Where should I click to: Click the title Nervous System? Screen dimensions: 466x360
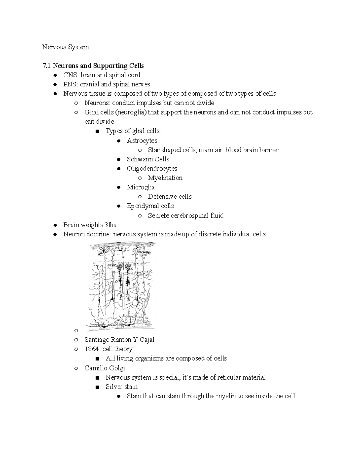pos(65,47)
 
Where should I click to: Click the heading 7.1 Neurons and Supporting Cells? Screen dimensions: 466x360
pos(93,66)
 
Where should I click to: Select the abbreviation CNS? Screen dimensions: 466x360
pos(69,75)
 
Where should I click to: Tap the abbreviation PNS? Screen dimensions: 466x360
pos(69,84)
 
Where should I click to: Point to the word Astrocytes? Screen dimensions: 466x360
pos(142,140)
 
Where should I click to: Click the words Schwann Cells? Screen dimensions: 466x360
pos(148,159)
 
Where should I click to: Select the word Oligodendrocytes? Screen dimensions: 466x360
pos(152,169)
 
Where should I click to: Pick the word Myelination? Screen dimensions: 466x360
pos(165,178)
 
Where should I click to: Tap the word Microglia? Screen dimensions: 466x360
pos(141,187)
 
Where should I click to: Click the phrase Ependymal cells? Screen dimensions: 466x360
pos(150,206)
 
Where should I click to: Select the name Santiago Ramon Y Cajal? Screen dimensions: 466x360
pos(119,340)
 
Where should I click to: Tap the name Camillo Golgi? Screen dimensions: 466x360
pos(105,368)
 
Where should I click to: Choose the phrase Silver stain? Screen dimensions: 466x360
pos(121,386)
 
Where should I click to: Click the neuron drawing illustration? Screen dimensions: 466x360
pos(121,285)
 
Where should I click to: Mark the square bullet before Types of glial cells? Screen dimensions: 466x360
pos(97,131)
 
